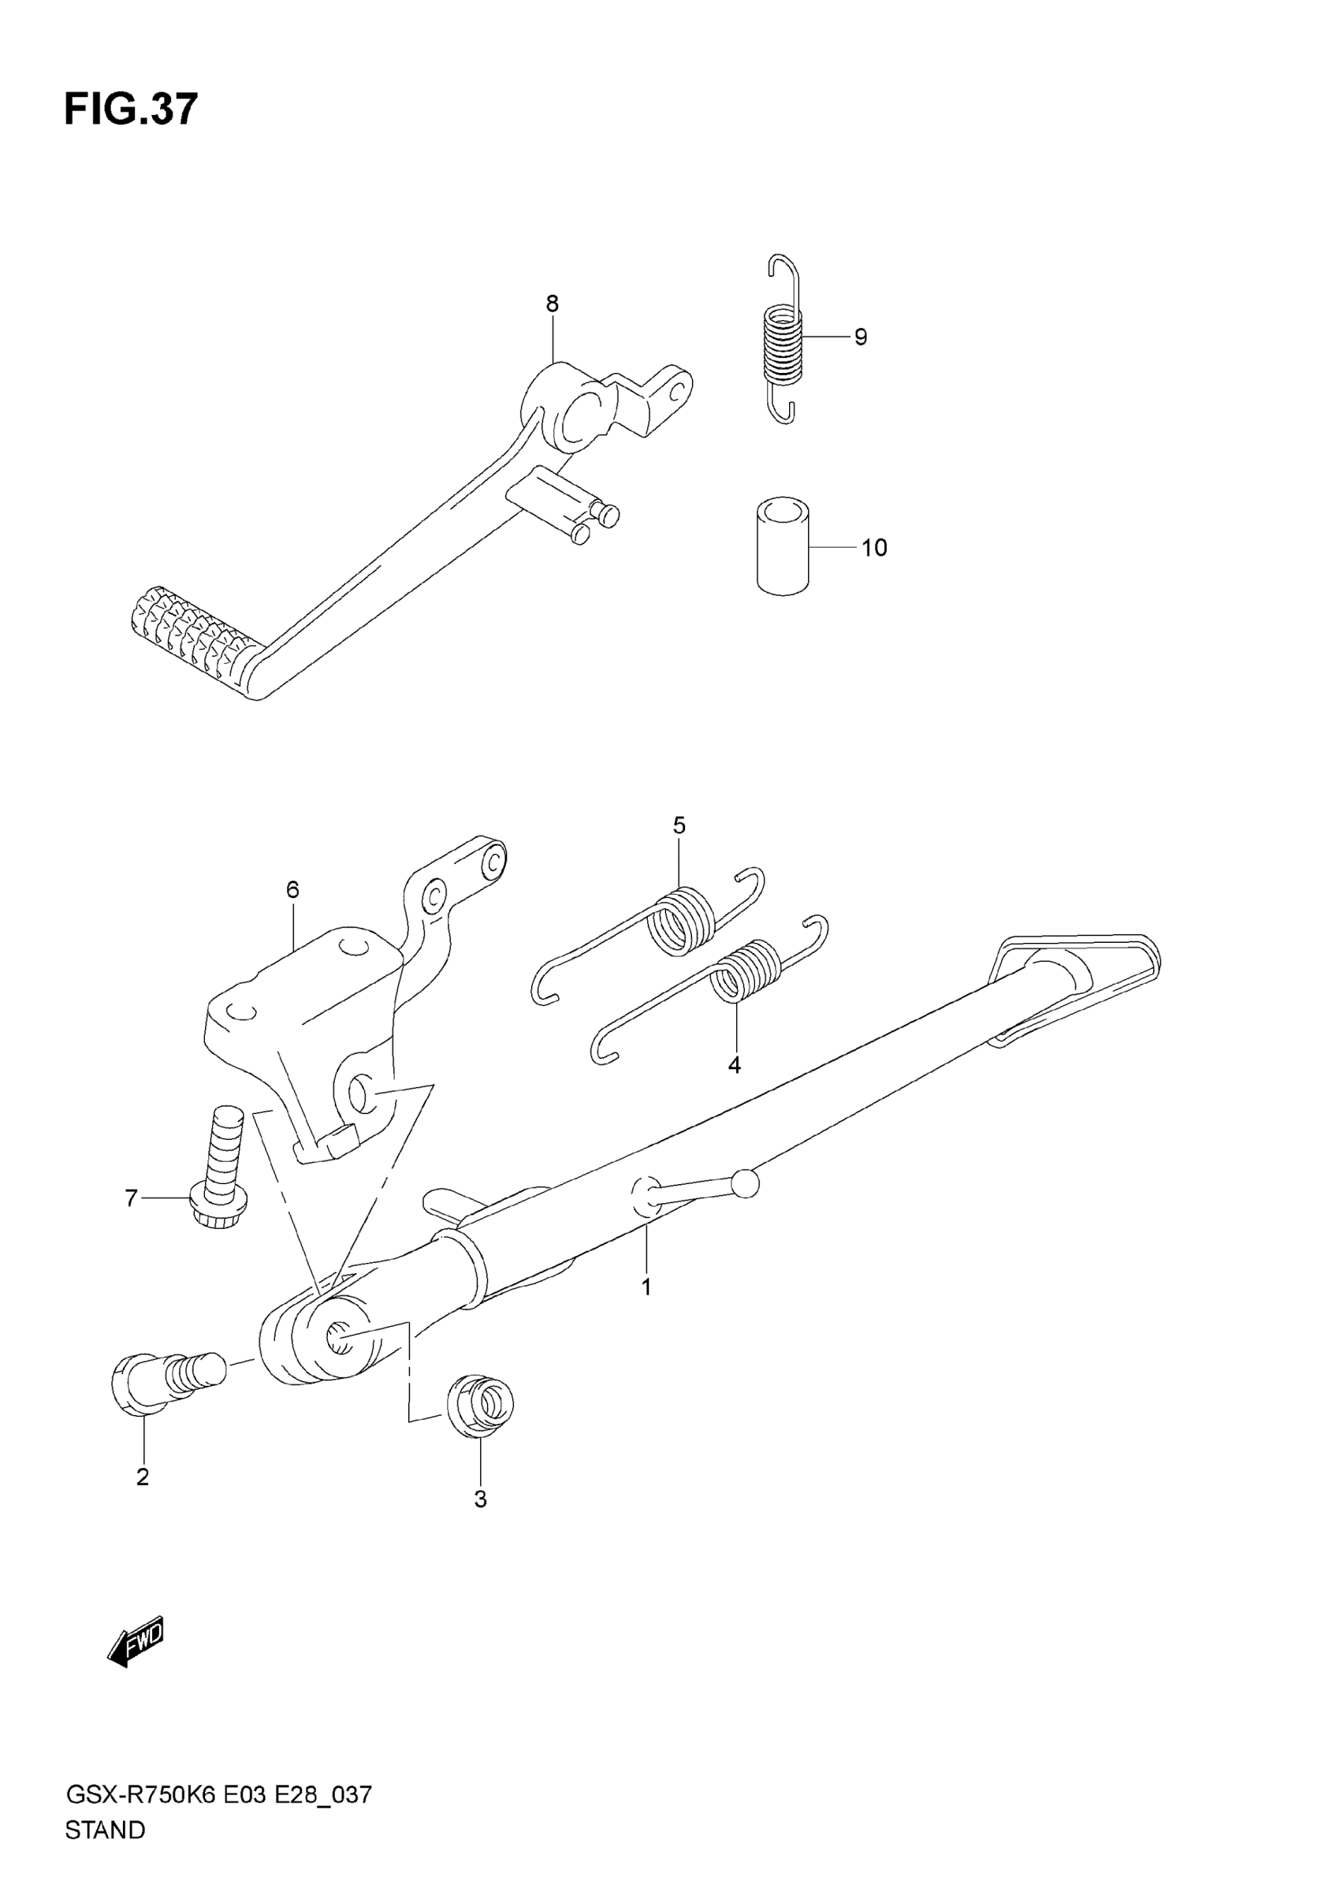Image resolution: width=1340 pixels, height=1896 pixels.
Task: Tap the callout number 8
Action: click(553, 304)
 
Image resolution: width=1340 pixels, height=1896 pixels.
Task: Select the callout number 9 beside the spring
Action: click(860, 337)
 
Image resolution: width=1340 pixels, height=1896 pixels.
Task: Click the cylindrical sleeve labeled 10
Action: click(783, 546)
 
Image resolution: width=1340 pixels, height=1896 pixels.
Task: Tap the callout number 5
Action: click(679, 825)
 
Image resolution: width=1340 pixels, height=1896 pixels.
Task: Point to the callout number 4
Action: click(734, 1065)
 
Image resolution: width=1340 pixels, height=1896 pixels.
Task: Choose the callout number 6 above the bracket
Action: click(292, 890)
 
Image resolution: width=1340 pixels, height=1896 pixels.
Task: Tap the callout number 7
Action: click(130, 1198)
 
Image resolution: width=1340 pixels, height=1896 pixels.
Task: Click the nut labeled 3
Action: click(481, 1402)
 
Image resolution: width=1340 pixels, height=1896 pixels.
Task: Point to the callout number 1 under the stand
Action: click(646, 1287)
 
